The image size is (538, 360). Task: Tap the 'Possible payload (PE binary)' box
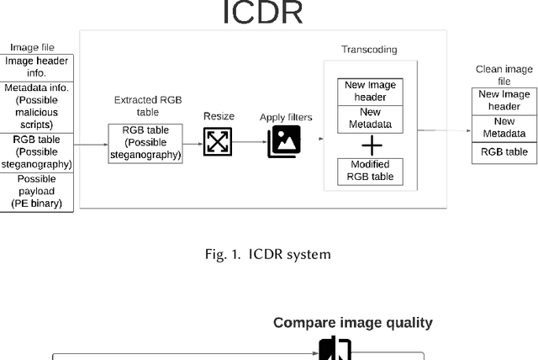[37, 192]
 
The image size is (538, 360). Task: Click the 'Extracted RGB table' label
[147, 105]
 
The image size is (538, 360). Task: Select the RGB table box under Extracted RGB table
[145, 143]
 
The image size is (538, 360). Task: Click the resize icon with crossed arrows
[218, 142]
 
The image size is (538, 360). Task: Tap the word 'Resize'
[218, 116]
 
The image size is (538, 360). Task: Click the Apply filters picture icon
[284, 141]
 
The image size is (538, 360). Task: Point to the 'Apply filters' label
[286, 117]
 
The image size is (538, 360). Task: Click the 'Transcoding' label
[369, 50]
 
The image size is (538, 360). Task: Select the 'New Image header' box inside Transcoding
[371, 91]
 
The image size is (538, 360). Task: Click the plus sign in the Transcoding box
[371, 146]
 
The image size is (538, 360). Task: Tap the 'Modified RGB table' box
[371, 171]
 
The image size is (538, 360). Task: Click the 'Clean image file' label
[504, 75]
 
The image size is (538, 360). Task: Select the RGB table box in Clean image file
[504, 152]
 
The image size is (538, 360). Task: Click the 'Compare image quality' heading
[352, 323]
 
